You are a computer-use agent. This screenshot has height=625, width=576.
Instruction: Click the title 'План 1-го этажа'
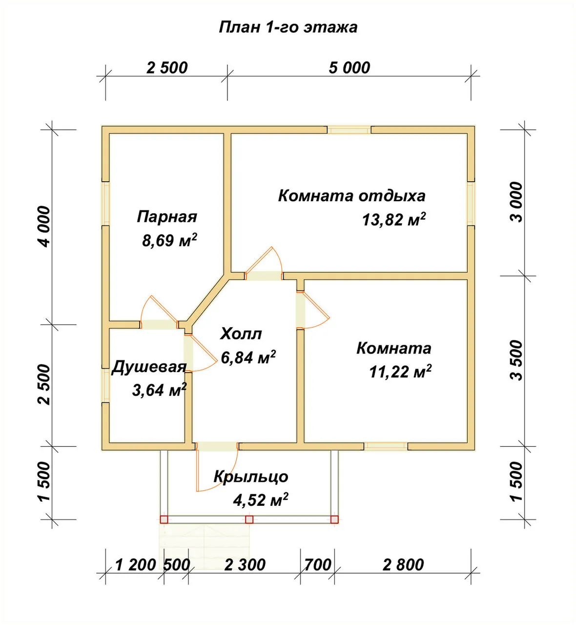(288, 27)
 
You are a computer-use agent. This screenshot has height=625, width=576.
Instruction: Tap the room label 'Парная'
(167, 217)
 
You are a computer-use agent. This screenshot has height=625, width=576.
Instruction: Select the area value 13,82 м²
(394, 219)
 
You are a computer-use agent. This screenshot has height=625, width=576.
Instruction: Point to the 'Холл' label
(241, 333)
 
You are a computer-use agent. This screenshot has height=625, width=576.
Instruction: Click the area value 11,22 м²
(400, 372)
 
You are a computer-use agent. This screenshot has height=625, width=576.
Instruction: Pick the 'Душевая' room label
(149, 367)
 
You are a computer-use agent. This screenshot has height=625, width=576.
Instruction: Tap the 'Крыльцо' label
(251, 477)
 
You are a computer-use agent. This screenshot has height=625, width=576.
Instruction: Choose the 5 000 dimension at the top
(350, 68)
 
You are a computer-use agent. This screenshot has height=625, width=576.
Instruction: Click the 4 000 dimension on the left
(44, 227)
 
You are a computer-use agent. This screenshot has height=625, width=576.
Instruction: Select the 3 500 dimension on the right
(516, 360)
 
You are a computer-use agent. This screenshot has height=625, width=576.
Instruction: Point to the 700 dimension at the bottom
(318, 565)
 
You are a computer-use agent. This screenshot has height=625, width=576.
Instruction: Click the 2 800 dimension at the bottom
(403, 565)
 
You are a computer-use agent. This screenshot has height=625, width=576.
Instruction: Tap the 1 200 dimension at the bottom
(136, 565)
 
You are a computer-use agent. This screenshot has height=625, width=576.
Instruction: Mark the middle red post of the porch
(249, 519)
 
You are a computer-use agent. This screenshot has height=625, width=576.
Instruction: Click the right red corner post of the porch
(334, 519)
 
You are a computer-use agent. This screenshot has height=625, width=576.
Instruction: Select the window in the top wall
(349, 130)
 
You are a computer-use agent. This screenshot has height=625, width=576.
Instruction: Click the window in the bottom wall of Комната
(386, 446)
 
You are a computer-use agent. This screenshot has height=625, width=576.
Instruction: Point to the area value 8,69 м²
(170, 240)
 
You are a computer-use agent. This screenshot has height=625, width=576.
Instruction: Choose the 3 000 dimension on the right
(516, 202)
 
